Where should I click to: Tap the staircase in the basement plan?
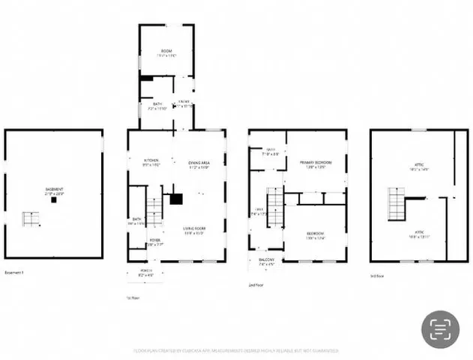click(x=31, y=219)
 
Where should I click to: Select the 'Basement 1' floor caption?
click(x=15, y=272)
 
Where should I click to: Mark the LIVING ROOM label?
click(x=194, y=229)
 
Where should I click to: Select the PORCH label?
click(x=146, y=271)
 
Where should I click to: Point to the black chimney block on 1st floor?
click(x=176, y=199)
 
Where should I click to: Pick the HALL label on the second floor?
click(x=258, y=211)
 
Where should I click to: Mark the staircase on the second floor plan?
click(x=274, y=202)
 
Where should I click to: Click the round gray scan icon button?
click(x=440, y=329)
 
